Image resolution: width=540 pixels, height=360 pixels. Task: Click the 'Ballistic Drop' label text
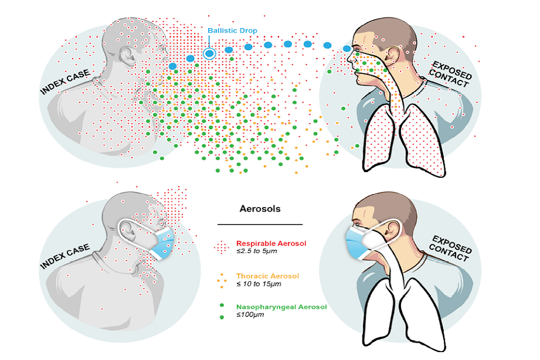(x=232, y=30)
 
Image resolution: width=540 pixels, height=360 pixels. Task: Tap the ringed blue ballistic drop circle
(x=209, y=53)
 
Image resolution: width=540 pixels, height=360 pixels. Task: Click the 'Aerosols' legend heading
(x=260, y=209)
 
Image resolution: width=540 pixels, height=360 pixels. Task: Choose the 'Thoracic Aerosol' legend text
(x=267, y=276)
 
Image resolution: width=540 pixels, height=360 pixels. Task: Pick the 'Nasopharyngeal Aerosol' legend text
(x=281, y=307)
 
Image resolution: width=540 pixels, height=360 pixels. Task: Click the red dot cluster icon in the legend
(x=223, y=246)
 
